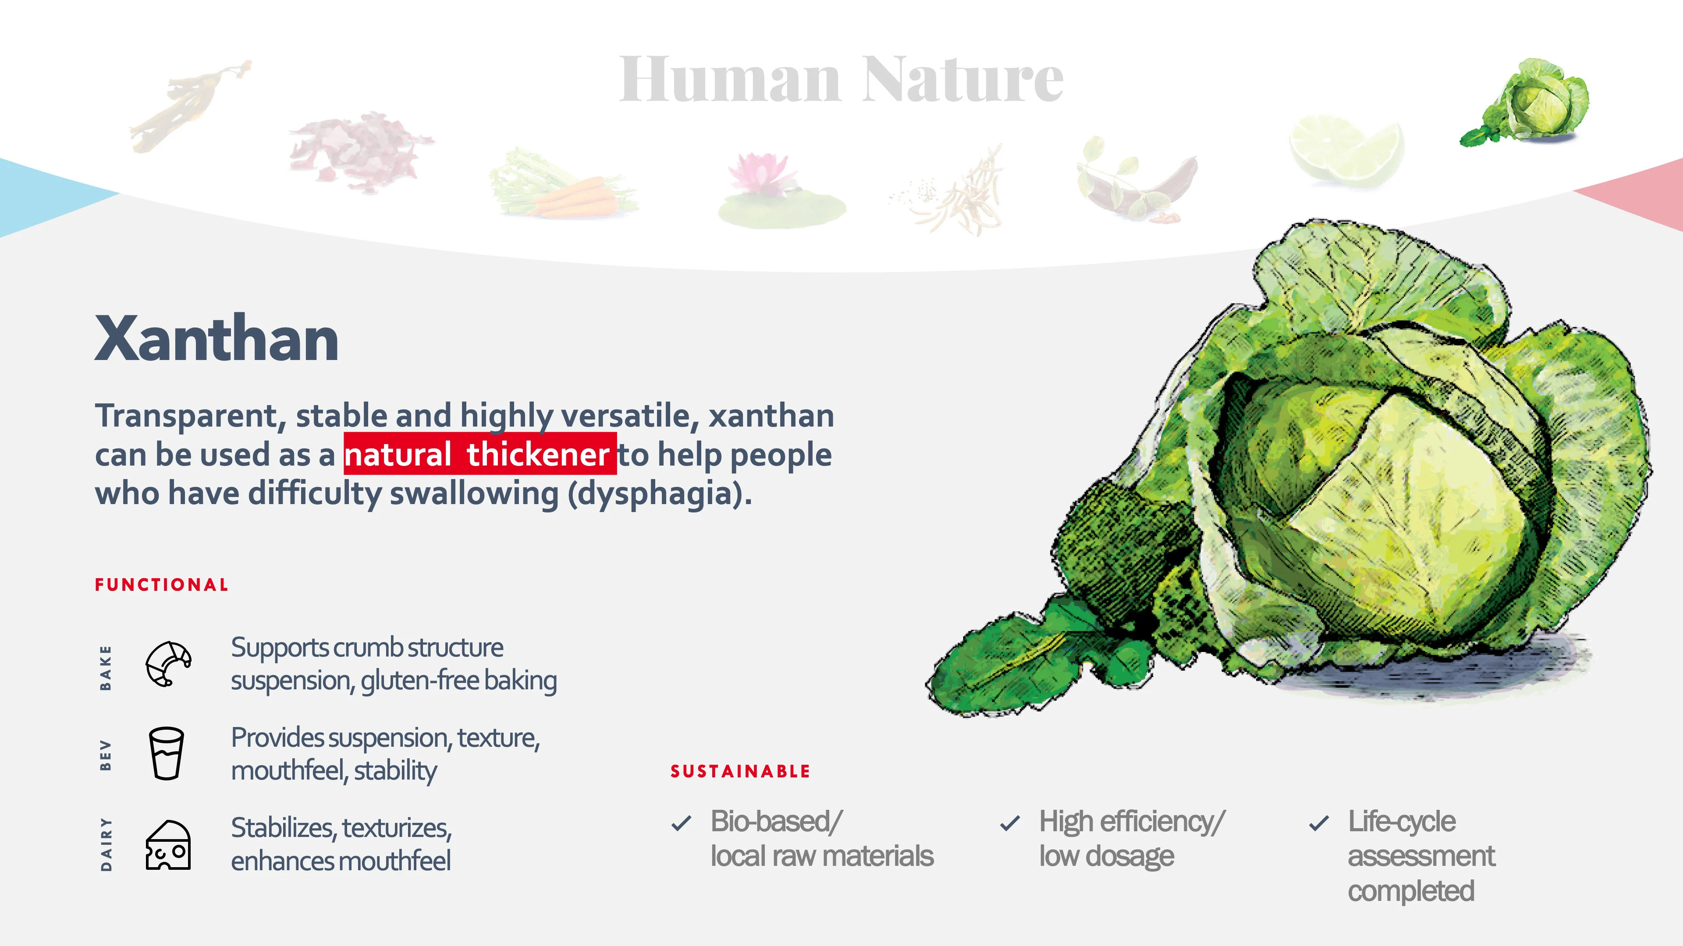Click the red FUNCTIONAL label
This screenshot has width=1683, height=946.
(x=161, y=585)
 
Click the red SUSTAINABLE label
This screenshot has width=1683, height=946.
(x=739, y=772)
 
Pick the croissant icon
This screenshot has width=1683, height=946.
(x=168, y=664)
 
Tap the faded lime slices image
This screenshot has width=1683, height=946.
(x=1346, y=150)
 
